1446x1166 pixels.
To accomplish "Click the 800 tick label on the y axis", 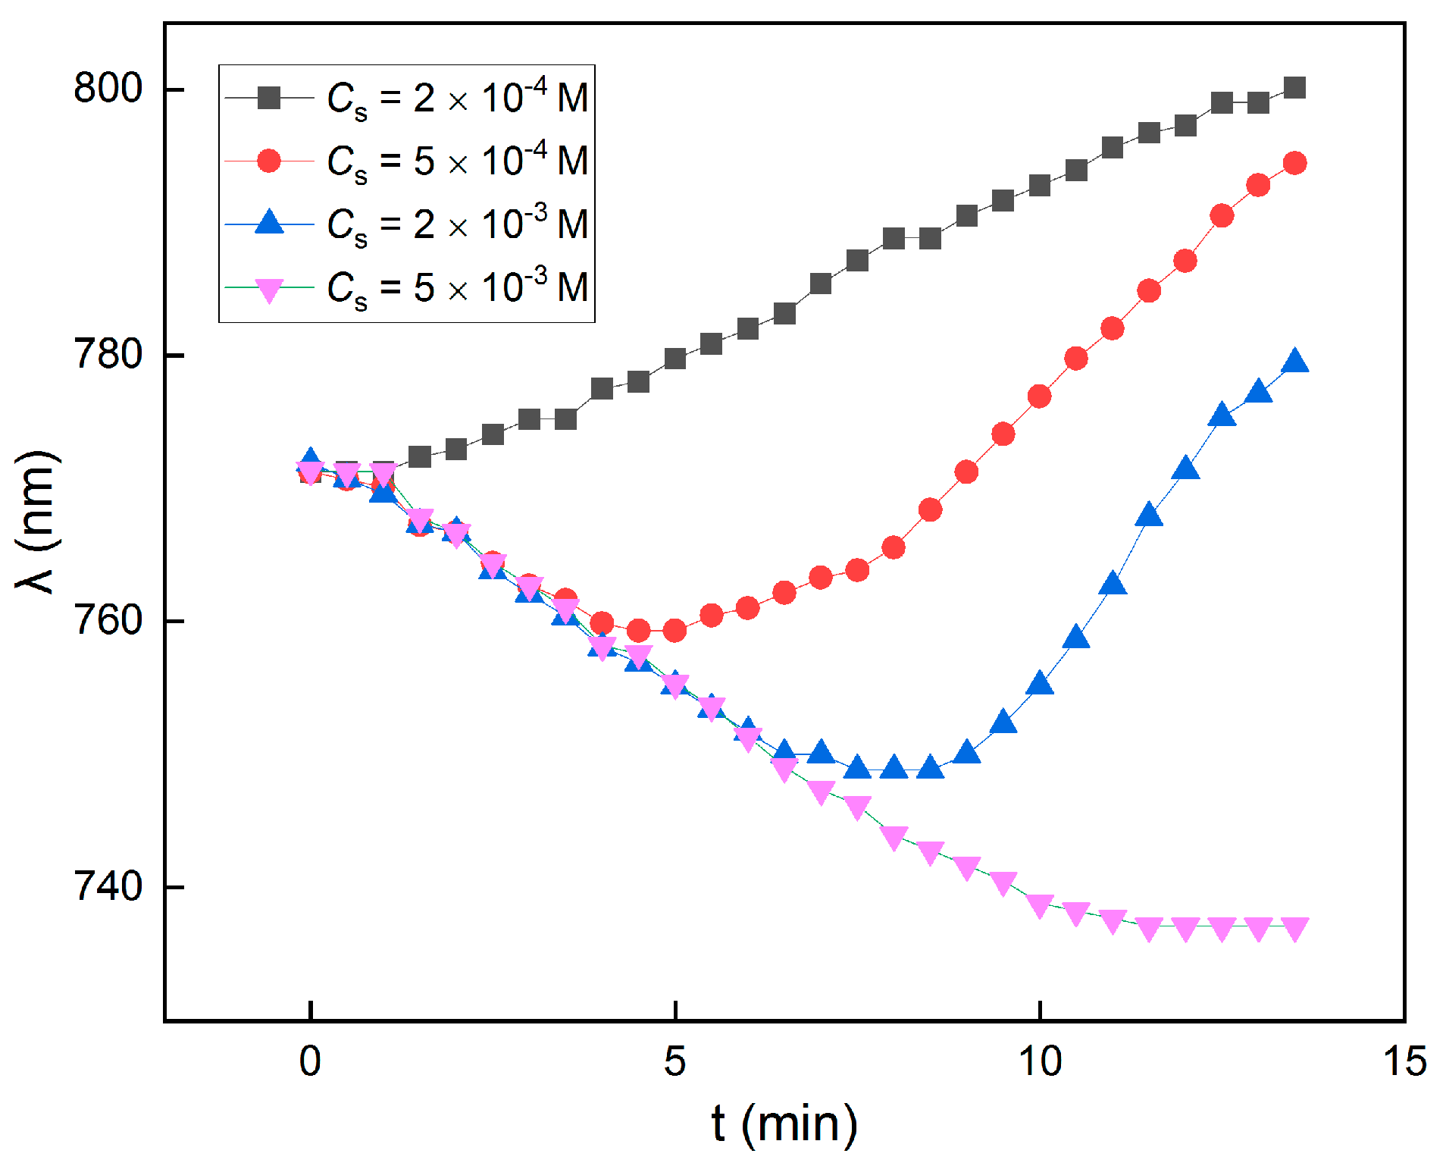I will click(x=108, y=89).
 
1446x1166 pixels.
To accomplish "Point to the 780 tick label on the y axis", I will click(x=108, y=354).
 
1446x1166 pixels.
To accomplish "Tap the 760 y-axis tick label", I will click(x=108, y=620).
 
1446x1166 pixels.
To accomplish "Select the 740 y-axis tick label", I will click(x=108, y=886).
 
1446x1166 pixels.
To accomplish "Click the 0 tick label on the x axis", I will click(x=310, y=1061).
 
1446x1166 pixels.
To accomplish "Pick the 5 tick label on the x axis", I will click(x=674, y=1061).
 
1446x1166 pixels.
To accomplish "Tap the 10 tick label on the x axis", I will click(x=1040, y=1061).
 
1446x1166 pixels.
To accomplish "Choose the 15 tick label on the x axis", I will click(x=1404, y=1061).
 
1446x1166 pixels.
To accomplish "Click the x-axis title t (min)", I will click(x=785, y=1124).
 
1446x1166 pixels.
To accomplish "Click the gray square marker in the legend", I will click(x=269, y=98).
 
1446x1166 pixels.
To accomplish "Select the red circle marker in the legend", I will click(x=269, y=161).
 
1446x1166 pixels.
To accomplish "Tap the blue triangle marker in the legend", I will click(x=269, y=223).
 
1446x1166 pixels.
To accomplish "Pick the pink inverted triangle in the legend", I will click(x=269, y=289).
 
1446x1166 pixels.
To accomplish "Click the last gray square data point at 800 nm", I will click(x=1294, y=88).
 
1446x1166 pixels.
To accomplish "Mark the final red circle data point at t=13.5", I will click(x=1294, y=163).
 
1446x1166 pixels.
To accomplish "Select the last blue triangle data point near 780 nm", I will click(x=1294, y=362).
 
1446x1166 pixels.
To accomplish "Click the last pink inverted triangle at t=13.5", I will click(x=1294, y=929).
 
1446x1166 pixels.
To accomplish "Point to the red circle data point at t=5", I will click(x=674, y=630).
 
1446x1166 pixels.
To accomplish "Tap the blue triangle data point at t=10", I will click(x=1040, y=683).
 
